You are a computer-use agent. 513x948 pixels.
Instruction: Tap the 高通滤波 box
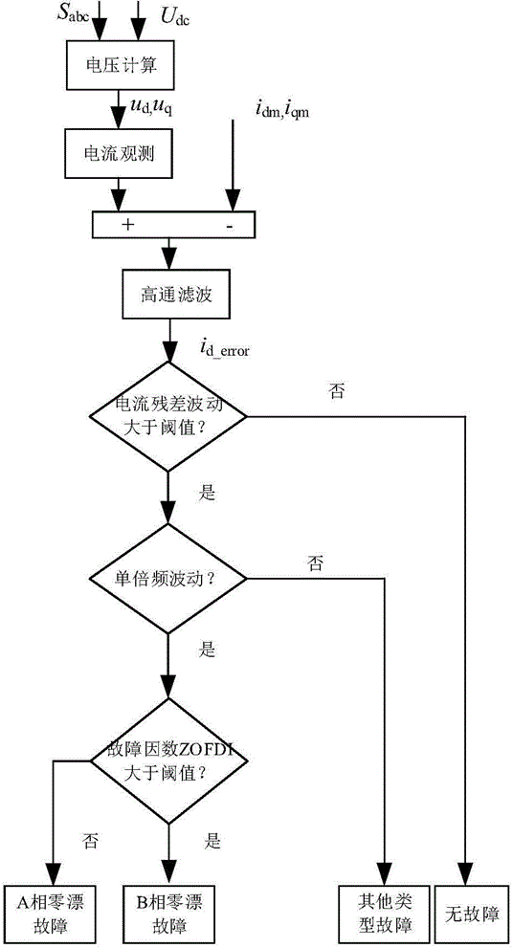point(169,294)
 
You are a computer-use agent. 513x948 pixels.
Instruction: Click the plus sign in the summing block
point(127,224)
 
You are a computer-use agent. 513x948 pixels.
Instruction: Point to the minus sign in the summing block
point(230,225)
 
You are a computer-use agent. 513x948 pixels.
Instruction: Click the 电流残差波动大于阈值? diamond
point(168,416)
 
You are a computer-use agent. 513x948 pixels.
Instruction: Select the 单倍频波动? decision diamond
point(168,579)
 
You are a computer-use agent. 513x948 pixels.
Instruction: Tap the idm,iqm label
point(282,109)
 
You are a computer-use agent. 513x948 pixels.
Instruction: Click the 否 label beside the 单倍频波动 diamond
point(315,565)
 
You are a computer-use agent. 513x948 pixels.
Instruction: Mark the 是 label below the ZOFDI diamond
point(212,842)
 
